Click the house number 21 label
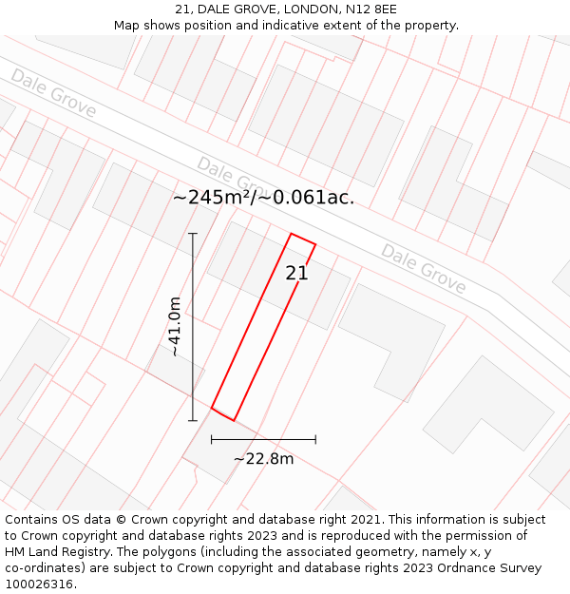pos(296,273)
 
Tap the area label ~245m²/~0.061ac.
pos(263,198)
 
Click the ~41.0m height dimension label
pos(174,326)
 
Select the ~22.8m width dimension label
pos(263,459)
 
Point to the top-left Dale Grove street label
pos(54,93)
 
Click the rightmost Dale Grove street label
pos(424,269)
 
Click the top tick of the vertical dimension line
pos(193,233)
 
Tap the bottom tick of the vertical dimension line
pos(193,420)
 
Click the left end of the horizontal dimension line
pos(211,439)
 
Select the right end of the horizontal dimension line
pos(315,439)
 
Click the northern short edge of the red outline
pos(302,239)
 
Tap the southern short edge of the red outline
pos(222,414)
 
